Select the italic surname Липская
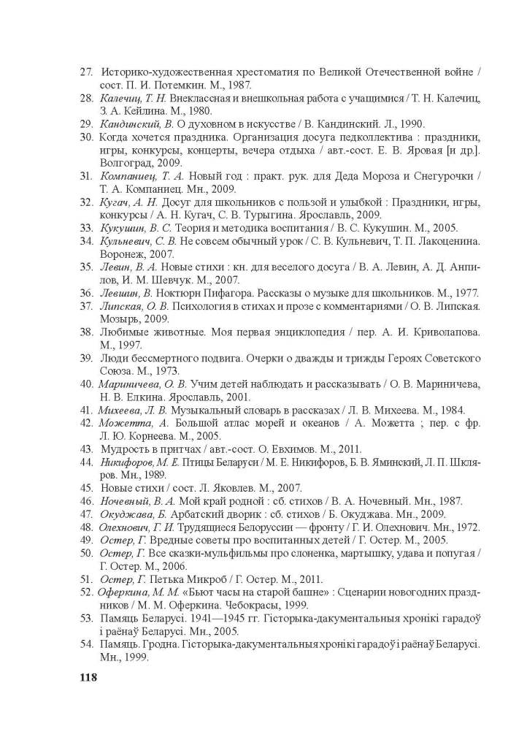coord(121,305)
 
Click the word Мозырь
coord(120,318)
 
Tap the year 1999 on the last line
coord(134,656)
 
